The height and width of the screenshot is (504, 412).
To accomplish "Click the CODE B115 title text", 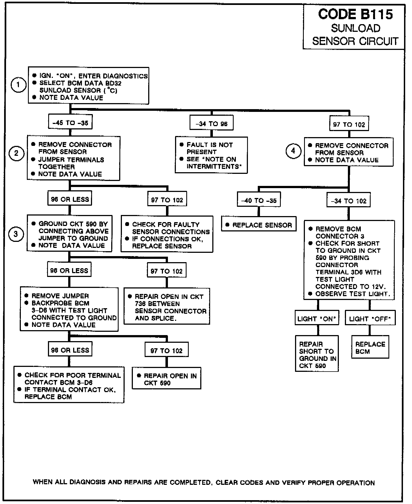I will tap(355, 14).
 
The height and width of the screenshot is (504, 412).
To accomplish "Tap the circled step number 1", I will tap(18, 85).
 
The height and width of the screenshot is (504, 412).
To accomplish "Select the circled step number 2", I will tap(16, 153).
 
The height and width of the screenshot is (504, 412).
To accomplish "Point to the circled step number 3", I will tap(16, 234).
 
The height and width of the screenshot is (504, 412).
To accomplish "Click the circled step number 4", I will tap(293, 151).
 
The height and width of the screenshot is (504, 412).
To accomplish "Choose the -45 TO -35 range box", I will tap(70, 123).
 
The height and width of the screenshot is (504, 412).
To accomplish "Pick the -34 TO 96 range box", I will tap(211, 124).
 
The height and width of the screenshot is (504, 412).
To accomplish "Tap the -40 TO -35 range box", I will tap(259, 201).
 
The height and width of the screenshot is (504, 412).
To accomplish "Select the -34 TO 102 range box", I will tap(348, 201).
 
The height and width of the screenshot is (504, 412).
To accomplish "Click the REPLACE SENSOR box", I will tap(259, 225).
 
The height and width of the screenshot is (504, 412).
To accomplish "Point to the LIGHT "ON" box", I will tap(317, 319).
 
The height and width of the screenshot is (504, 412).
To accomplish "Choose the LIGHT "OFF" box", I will tap(370, 319).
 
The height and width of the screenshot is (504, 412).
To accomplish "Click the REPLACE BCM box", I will tap(370, 348).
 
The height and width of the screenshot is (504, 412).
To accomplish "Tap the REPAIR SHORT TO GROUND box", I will tap(317, 355).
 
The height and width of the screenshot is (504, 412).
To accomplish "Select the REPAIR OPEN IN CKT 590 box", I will tap(167, 379).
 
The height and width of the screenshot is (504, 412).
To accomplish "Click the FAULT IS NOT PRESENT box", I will tap(211, 155).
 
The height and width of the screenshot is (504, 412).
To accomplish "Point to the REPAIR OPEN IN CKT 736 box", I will tap(167, 307).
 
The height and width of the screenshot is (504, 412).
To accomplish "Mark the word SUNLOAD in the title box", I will tap(356, 28).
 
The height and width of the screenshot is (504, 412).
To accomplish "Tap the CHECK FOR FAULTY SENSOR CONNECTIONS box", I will tap(167, 235).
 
